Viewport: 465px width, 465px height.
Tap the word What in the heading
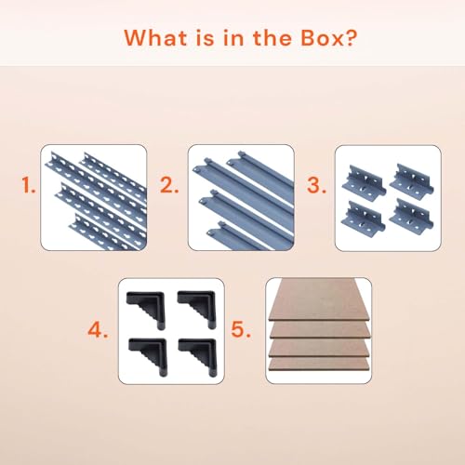click(x=156, y=38)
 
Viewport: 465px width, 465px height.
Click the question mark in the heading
click(x=351, y=38)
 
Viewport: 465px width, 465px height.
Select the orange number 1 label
click(x=28, y=185)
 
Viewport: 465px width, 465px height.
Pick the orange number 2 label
click(x=169, y=185)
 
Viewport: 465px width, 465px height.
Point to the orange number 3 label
click(x=316, y=185)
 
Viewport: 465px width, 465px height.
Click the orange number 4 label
click(x=98, y=329)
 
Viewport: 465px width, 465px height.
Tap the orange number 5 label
click(x=241, y=329)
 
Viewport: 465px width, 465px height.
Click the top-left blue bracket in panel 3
click(x=365, y=183)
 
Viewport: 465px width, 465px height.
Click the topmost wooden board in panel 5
click(x=320, y=299)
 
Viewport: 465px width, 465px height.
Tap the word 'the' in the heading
click(x=272, y=38)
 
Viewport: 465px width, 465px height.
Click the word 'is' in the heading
click(x=205, y=38)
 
